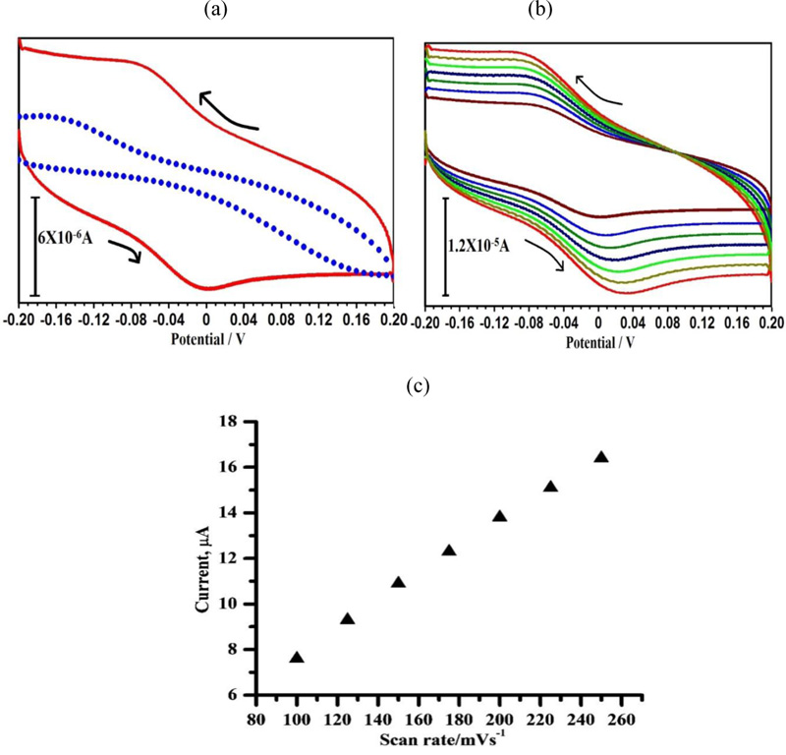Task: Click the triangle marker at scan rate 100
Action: click(297, 658)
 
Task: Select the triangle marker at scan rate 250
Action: click(601, 457)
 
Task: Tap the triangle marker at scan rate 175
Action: click(449, 551)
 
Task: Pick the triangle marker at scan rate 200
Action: click(499, 516)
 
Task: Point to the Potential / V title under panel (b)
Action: click(598, 341)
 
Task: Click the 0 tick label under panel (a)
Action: click(205, 320)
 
